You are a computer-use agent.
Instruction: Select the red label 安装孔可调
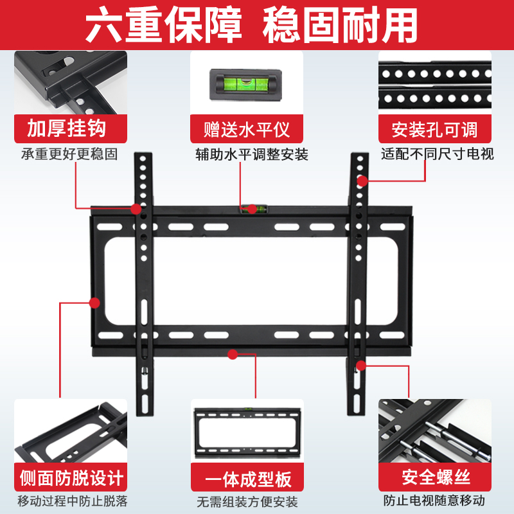click(x=435, y=129)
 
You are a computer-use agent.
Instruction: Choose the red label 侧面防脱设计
click(x=71, y=479)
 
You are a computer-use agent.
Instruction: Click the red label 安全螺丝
click(x=435, y=479)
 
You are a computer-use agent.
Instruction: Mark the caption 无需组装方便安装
click(x=247, y=502)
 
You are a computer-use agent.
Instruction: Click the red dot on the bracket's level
click(x=253, y=208)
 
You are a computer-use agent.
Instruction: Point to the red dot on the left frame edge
click(x=94, y=301)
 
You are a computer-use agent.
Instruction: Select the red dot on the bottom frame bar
click(x=233, y=353)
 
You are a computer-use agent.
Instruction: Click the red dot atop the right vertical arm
click(x=362, y=181)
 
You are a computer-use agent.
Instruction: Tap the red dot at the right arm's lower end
click(x=361, y=366)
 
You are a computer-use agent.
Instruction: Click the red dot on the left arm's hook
click(x=136, y=209)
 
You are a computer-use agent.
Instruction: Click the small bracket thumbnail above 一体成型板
click(x=247, y=431)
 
